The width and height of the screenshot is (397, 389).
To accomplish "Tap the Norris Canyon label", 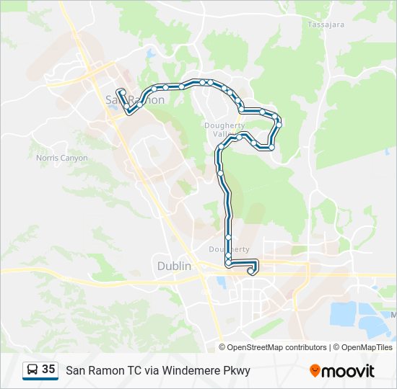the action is pyautogui.click(x=62, y=158).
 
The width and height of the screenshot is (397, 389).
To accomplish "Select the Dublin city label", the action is pyautogui.click(x=174, y=266).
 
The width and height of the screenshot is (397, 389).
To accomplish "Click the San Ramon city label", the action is pyautogui.click(x=135, y=99).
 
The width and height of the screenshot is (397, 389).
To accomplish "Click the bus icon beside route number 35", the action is pyautogui.click(x=32, y=370).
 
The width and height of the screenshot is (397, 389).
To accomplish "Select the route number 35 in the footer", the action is pyautogui.click(x=48, y=370).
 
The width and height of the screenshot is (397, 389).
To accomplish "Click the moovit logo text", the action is pyautogui.click(x=349, y=371).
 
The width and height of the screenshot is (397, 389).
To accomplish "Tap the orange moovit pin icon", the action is pyautogui.click(x=315, y=371).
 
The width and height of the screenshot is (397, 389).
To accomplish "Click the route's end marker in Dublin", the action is pyautogui.click(x=251, y=272).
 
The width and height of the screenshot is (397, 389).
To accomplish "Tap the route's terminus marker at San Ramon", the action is pyautogui.click(x=120, y=91).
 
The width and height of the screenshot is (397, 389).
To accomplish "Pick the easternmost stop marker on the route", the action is pyautogui.click(x=279, y=124).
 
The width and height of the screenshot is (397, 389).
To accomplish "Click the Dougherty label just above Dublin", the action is pyautogui.click(x=228, y=249).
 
